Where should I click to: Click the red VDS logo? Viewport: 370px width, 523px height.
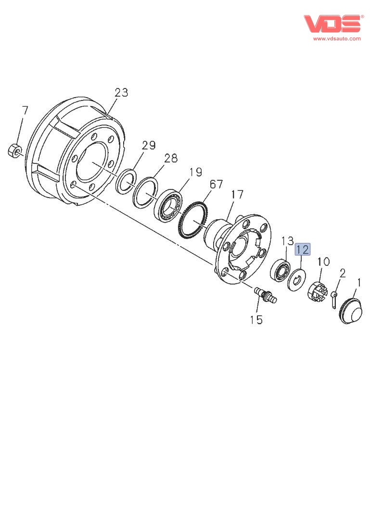click(x=333, y=24)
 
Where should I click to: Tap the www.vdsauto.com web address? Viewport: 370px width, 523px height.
click(x=337, y=38)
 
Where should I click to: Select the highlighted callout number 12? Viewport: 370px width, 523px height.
click(x=303, y=249)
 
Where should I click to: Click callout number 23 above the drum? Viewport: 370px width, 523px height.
click(x=121, y=92)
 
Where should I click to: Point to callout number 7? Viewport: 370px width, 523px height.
click(x=25, y=110)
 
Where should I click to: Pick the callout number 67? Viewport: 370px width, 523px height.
click(x=216, y=184)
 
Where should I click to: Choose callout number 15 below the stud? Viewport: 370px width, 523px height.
click(x=256, y=320)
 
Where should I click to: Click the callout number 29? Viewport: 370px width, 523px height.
click(x=149, y=145)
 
